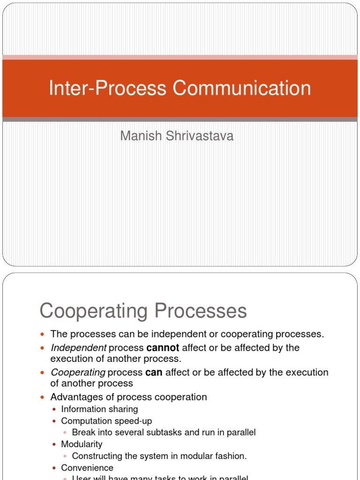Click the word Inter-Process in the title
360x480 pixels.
107,89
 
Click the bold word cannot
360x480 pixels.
163,348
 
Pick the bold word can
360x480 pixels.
154,372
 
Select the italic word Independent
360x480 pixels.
78,348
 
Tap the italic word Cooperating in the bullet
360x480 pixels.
78,372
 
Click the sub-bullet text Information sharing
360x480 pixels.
99,409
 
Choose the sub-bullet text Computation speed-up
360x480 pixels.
106,421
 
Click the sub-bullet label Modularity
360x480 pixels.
82,444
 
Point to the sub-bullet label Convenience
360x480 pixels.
87,468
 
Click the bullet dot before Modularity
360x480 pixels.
55,444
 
